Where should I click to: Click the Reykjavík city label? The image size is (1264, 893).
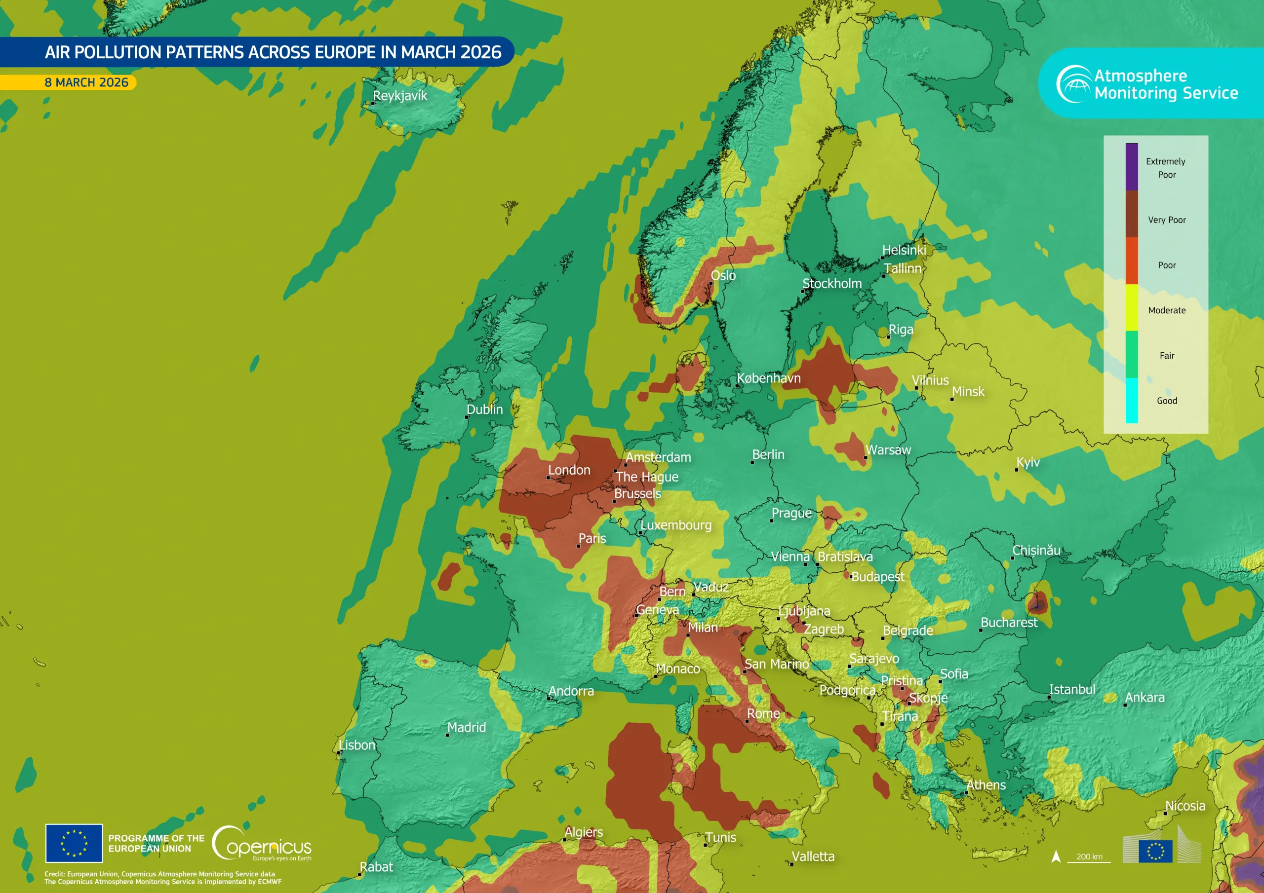pos(399,96)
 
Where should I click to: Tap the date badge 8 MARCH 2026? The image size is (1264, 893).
pos(86,82)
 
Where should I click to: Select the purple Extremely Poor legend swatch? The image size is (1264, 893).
pos(1131,167)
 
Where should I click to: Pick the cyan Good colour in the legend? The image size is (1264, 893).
pos(1131,401)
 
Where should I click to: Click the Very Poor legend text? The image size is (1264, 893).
pos(1167,220)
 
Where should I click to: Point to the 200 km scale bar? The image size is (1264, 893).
pos(1089,857)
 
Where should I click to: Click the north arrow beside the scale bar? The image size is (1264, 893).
pos(1056,856)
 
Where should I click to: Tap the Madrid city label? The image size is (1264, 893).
pos(466,727)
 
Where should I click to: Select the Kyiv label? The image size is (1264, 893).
pos(1028,462)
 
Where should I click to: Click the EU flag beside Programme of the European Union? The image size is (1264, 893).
pos(74,843)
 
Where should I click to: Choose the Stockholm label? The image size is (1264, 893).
pos(832,283)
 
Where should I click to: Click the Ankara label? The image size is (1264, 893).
pos(1145,698)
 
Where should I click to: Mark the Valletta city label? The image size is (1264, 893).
pos(813,856)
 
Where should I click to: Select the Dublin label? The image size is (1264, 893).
pos(484,409)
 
